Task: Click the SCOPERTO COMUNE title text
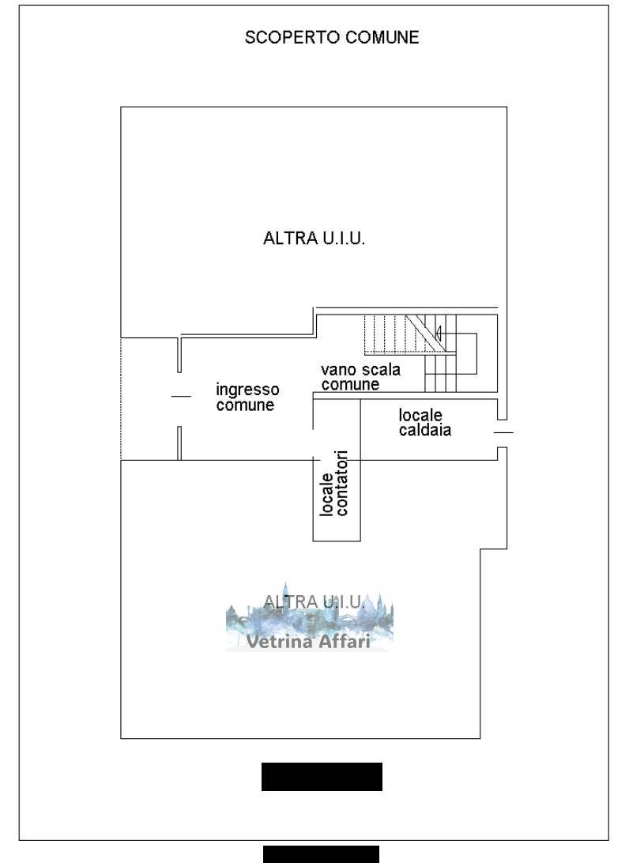332,37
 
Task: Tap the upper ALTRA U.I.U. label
314,239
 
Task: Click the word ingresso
247,390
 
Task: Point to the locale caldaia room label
425,422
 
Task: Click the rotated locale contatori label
333,483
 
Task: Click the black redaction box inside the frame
322,776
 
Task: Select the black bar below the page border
321,854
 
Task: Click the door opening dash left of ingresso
181,396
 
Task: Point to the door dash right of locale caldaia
503,432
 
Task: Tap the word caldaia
425,431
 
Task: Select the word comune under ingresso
245,405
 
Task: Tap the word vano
336,370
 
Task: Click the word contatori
341,483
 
